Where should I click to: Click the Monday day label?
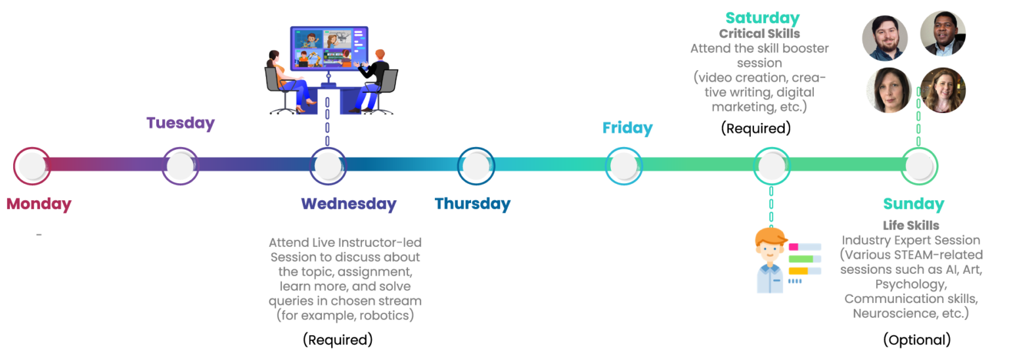click(39, 204)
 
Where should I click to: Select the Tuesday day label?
click(181, 123)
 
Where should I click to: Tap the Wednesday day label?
click(349, 204)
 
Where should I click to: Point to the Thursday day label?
click(472, 204)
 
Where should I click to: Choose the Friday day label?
click(627, 128)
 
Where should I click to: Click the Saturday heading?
click(763, 18)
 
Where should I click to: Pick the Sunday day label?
click(914, 204)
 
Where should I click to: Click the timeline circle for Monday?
click(32, 166)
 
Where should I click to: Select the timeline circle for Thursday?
click(476, 166)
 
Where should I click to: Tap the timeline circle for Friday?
click(624, 166)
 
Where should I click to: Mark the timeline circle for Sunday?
click(920, 166)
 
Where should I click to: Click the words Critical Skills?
click(759, 34)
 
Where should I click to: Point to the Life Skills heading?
click(911, 225)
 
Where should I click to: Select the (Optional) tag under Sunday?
click(917, 340)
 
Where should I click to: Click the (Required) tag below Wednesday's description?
click(338, 340)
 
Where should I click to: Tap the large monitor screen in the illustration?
click(329, 48)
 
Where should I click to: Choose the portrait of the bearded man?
click(885, 38)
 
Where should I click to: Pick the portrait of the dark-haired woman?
click(889, 90)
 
